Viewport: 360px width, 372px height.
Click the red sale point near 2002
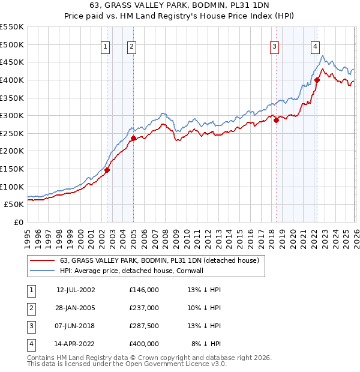[107, 170]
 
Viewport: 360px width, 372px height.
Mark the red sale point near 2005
[133, 138]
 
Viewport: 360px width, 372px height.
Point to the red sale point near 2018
[277, 120]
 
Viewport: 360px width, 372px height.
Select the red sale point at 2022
[317, 80]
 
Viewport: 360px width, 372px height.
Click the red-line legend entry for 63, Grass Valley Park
[159, 260]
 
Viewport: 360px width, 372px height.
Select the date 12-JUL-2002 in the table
[76, 290]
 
